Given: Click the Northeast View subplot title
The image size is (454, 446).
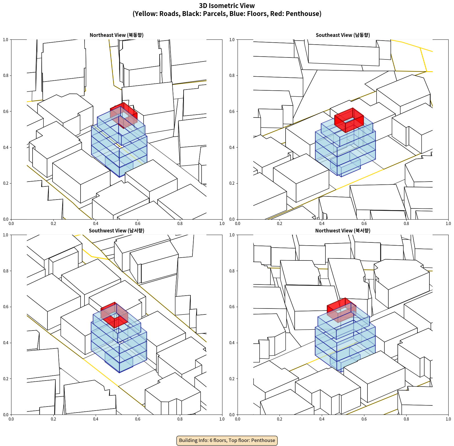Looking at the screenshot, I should (116, 35).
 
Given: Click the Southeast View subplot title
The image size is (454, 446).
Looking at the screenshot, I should (343, 35).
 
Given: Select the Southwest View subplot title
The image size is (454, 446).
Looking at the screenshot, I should (116, 231).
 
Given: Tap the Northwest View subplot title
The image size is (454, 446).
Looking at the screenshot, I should (343, 231).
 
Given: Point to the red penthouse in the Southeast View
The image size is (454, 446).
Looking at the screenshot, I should (349, 120).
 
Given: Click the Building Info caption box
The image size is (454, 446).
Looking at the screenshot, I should (227, 440).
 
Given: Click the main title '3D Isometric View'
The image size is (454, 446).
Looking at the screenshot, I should (227, 6).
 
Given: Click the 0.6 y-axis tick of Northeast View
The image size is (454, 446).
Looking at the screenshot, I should (6, 111).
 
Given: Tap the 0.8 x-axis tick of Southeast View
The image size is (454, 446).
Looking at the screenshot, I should (406, 224).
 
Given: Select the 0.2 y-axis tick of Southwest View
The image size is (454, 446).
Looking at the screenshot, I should (6, 379).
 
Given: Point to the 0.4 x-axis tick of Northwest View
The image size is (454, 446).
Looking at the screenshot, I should (322, 419).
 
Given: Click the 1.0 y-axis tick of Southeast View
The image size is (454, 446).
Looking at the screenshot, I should (232, 40).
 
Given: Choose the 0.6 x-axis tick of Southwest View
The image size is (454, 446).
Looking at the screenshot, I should (138, 419).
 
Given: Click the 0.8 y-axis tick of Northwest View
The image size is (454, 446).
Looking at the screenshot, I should (232, 271).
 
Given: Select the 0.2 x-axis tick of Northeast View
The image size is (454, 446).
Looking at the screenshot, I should (53, 224).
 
